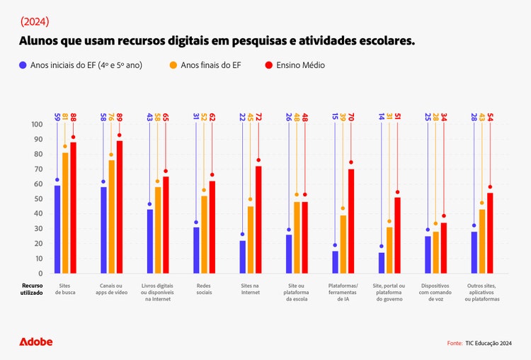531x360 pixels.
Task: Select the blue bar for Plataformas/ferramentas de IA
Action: coord(335,262)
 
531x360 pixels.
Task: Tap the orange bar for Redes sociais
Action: coord(205,235)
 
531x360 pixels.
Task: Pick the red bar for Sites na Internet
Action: coord(258,220)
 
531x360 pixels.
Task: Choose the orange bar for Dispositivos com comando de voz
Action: coord(435,252)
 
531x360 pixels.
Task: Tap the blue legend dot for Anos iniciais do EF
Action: coord(23,65)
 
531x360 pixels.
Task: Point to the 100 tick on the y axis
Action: coord(36,124)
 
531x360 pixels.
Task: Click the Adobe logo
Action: coord(36,342)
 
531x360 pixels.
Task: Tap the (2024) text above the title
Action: coord(35,21)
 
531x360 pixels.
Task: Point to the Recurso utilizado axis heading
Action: coord(31,288)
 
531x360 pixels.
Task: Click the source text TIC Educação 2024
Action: coord(489,343)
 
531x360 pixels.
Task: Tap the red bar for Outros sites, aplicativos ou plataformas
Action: coord(490,233)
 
